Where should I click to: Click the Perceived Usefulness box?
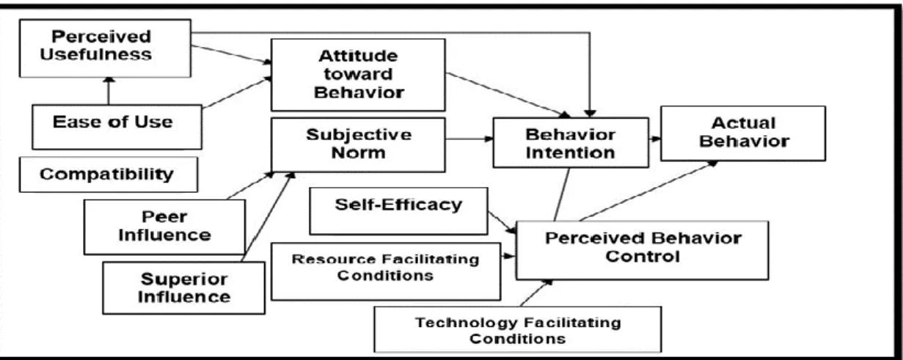105,48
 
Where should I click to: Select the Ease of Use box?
117,127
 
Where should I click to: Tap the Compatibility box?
109,175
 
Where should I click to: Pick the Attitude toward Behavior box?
359,75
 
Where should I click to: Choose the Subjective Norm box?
359,144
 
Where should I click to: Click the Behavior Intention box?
571,143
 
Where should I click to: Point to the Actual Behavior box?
743,133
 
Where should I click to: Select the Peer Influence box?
164,227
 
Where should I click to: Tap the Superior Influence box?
184,288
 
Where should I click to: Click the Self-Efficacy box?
399,211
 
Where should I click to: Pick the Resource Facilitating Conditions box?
386,271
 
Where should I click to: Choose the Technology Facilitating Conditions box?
518,329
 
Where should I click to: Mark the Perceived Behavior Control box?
642,250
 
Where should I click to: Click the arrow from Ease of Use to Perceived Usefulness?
109,91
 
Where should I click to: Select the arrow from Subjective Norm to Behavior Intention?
469,139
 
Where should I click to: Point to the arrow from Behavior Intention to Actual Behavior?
654,139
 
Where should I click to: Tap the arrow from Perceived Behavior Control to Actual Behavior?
649,191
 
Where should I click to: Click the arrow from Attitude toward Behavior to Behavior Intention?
508,95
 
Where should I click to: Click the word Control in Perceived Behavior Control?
642,257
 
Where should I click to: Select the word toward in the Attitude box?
358,74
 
